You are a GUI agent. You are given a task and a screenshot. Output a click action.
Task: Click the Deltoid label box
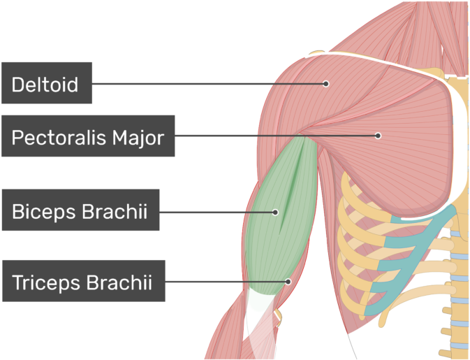pyautogui.click(x=47, y=83)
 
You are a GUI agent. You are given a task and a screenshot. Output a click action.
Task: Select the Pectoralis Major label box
pyautogui.click(x=88, y=136)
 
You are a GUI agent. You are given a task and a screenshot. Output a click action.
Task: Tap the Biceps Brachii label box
pyautogui.click(x=80, y=210)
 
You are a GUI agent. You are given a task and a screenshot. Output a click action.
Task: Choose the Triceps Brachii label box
pyautogui.click(x=84, y=281)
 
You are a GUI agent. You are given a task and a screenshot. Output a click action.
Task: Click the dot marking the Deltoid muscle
pyautogui.click(x=326, y=84)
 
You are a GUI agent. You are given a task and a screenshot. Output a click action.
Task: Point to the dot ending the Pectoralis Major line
pyautogui.click(x=378, y=136)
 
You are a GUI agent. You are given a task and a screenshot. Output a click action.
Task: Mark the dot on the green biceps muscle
pyautogui.click(x=275, y=213)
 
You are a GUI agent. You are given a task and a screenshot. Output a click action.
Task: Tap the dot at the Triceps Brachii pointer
pyautogui.click(x=288, y=282)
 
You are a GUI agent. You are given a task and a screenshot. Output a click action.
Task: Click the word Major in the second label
pyautogui.click(x=138, y=138)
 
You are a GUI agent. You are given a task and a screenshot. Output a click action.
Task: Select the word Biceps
pyautogui.click(x=44, y=211)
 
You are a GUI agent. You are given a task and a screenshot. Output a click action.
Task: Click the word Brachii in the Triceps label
pyautogui.click(x=119, y=282)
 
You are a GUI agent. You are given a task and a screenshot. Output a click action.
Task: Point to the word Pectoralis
pyautogui.click(x=59, y=138)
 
